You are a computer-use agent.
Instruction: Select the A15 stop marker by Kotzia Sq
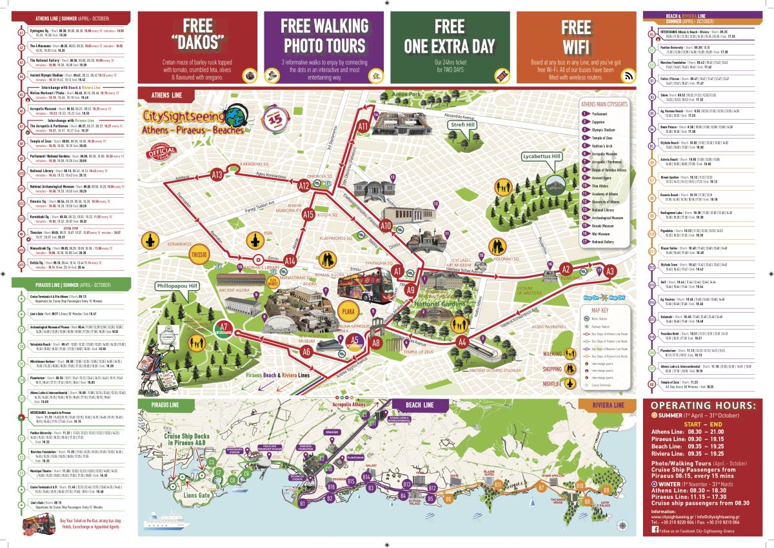coord(308,215)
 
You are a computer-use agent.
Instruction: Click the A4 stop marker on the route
coord(462,342)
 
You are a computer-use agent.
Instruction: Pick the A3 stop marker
coord(610,271)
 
